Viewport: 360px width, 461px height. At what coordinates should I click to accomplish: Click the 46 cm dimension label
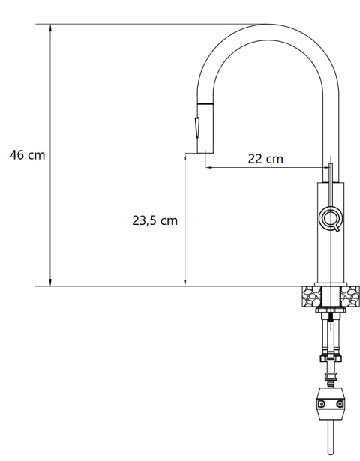[x=27, y=155]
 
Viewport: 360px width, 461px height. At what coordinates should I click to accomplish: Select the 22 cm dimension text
[x=265, y=158]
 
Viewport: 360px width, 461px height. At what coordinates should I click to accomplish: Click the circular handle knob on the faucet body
[x=330, y=218]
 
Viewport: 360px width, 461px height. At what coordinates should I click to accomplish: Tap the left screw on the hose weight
[x=319, y=405]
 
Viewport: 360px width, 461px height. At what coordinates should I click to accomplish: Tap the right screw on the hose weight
[x=340, y=405]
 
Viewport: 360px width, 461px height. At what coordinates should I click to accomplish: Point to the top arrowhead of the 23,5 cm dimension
[x=184, y=160]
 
